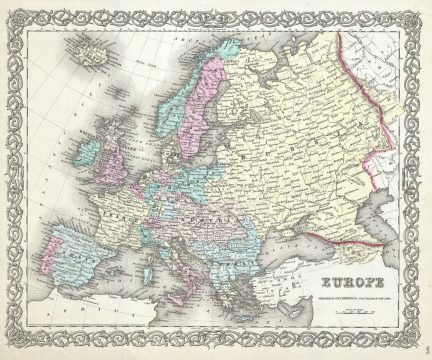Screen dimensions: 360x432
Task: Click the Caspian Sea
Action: [385, 240]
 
